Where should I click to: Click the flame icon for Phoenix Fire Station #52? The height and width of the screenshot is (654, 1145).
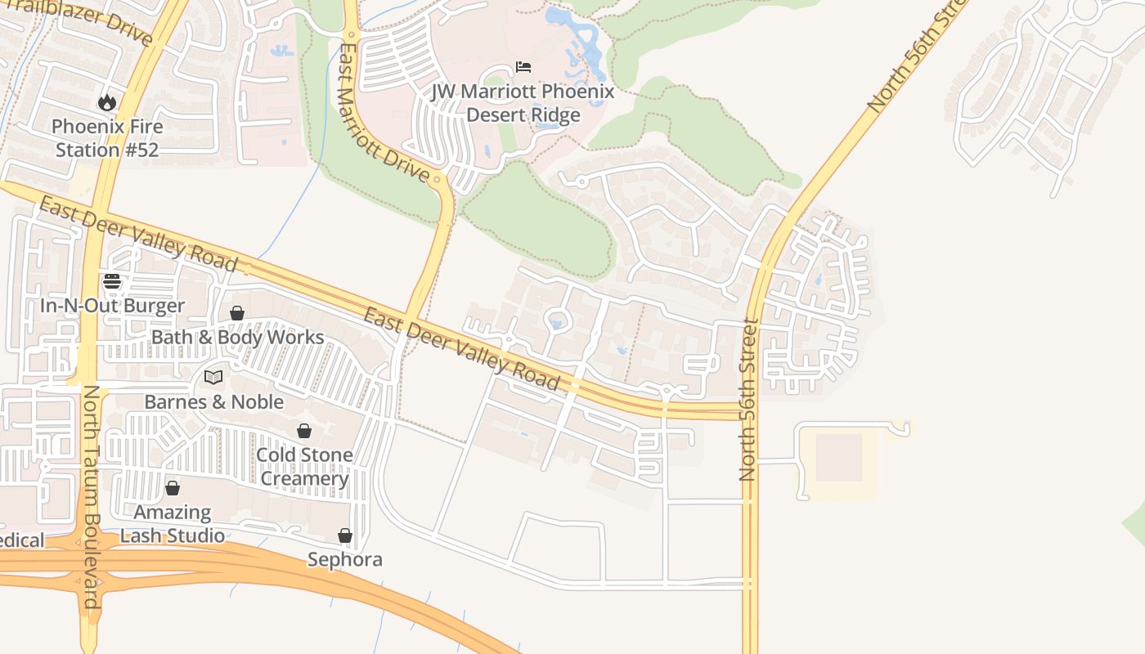(106, 102)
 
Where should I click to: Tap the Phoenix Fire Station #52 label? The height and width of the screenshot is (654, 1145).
(107, 138)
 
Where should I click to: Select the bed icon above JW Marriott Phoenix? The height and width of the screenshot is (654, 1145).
(523, 66)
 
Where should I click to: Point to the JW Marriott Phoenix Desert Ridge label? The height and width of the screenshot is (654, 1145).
(523, 103)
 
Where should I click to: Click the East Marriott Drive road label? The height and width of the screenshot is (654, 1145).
(383, 112)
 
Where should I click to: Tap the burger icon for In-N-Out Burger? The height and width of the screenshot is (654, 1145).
(112, 281)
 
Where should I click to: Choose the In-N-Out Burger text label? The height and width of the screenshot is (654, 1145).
(112, 306)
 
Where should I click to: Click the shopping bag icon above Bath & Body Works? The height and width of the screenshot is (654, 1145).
(237, 312)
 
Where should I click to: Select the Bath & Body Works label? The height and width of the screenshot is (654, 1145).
(237, 337)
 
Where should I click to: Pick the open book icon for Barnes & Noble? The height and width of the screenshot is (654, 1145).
(213, 377)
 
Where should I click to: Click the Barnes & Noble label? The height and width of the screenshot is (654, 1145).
(213, 401)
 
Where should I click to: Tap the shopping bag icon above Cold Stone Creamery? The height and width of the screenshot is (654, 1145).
(304, 430)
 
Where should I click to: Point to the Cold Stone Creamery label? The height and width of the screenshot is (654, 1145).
(304, 466)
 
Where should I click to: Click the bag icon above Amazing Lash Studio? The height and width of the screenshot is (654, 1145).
(173, 488)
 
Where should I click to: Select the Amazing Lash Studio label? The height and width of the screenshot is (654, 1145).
(173, 524)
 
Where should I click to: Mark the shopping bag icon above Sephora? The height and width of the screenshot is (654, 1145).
(345, 535)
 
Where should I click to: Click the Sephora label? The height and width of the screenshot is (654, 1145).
(345, 560)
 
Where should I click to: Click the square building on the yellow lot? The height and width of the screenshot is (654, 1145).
(839, 457)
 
